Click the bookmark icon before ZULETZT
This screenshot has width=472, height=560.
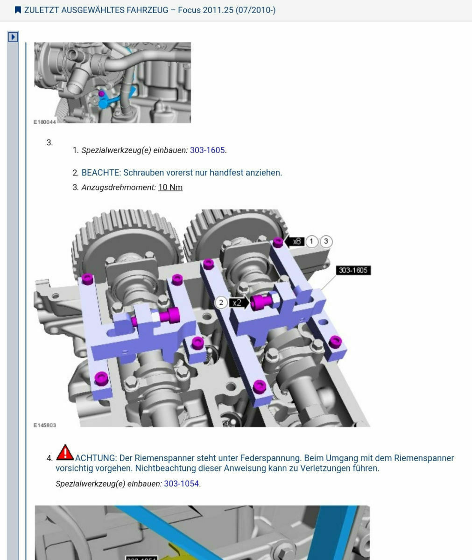18,10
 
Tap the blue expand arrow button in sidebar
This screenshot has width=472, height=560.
13,37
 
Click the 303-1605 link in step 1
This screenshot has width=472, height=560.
207,150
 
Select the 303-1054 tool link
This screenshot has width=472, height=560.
182,483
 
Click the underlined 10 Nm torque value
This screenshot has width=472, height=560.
170,187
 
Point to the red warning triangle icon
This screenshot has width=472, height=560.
65,453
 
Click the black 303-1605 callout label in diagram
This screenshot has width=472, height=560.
353,270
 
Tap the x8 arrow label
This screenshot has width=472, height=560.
295,241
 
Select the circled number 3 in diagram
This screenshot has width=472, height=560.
326,241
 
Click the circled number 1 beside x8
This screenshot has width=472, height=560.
311,241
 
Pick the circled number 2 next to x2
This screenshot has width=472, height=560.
221,303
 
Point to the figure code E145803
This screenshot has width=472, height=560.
44,425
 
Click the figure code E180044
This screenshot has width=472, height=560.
44,122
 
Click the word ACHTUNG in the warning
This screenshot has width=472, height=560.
96,458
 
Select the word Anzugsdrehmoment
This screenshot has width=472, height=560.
118,187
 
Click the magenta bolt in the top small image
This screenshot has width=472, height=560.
101,94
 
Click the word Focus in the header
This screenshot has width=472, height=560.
189,10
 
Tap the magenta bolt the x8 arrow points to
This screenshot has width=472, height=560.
278,242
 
